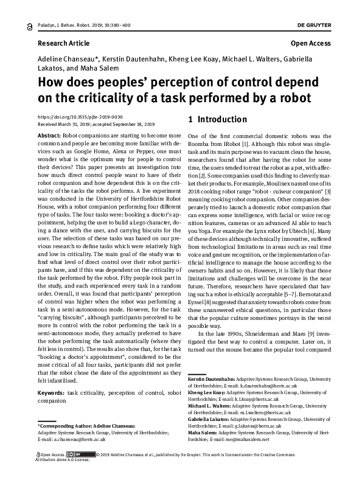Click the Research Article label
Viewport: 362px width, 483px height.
[x=63, y=44]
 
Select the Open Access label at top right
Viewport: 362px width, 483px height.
[x=310, y=44]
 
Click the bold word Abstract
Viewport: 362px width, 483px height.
[x=49, y=134]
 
